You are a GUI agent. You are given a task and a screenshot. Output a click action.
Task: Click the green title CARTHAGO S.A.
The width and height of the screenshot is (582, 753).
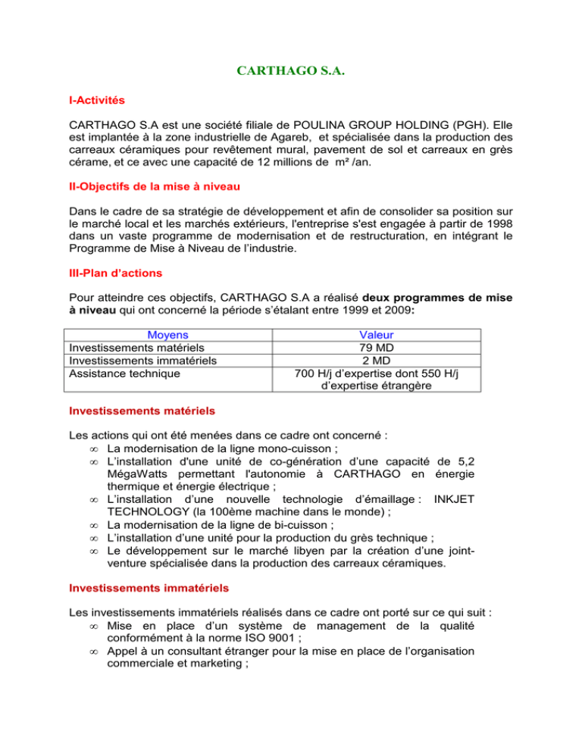291,71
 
